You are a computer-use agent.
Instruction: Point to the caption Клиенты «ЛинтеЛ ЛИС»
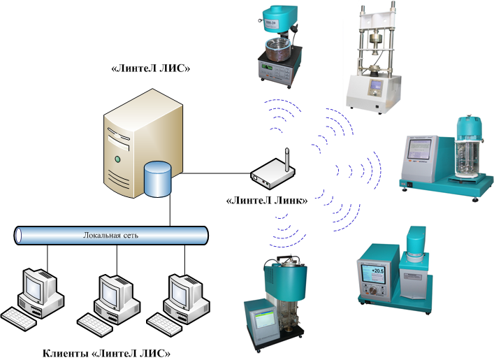(106, 352)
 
